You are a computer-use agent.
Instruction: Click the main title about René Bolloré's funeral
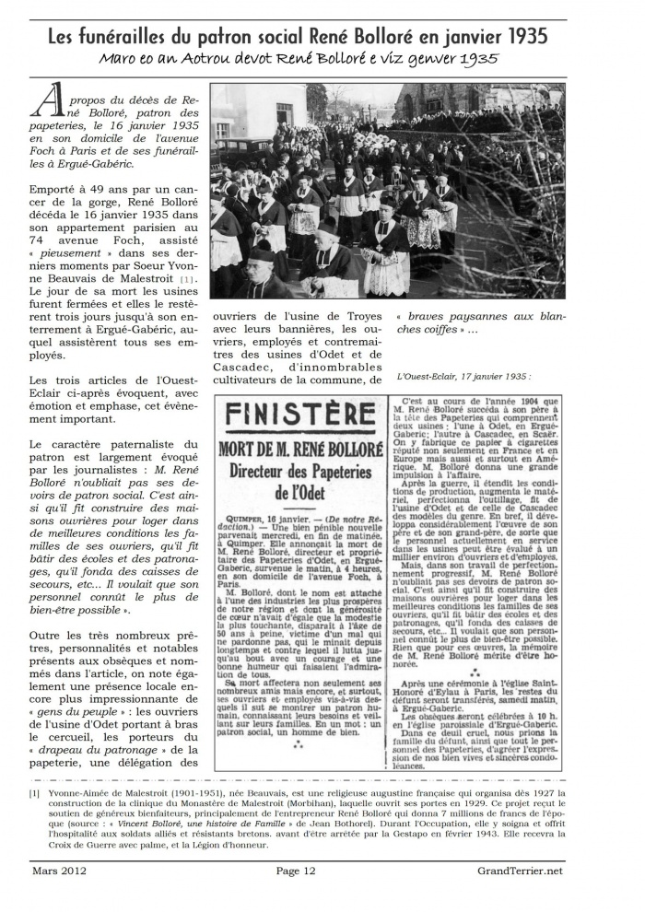coord(298,36)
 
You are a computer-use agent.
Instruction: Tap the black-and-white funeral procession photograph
coord(387,191)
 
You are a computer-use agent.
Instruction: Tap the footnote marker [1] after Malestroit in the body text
coord(187,278)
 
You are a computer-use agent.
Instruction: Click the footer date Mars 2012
coord(57,871)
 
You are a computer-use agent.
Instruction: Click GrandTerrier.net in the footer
coord(521,871)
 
